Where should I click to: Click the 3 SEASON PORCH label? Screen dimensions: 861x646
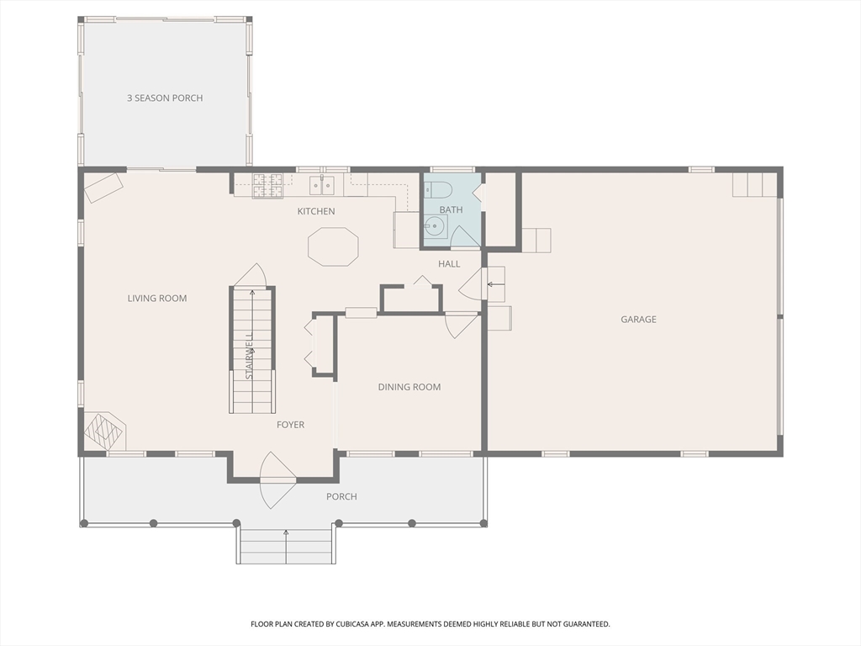tap(165, 98)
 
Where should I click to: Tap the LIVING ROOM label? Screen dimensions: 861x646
tap(157, 299)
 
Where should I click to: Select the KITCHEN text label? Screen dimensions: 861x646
tap(316, 211)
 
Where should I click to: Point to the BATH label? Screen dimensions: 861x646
tap(451, 209)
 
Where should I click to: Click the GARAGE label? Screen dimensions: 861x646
tap(638, 319)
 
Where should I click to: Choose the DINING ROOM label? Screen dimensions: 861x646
tap(409, 387)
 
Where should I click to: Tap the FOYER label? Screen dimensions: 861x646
tap(290, 425)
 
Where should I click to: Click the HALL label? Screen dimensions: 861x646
tap(449, 264)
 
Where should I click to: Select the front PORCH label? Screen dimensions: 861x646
tap(341, 496)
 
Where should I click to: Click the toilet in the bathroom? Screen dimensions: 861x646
tap(437, 190)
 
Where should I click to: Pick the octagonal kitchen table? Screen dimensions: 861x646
tap(333, 246)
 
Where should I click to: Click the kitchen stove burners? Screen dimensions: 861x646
tap(267, 186)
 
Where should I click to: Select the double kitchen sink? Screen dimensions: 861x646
tap(322, 186)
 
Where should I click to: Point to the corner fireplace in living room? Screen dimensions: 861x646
tap(105, 432)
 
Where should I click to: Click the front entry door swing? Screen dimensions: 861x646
tap(275, 479)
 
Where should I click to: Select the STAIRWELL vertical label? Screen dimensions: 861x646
tap(249, 356)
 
